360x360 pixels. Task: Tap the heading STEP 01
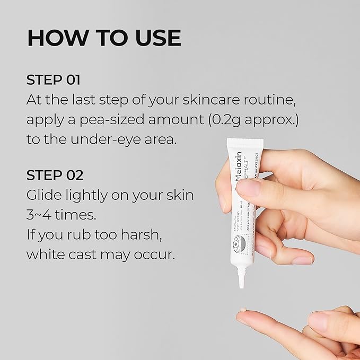tap(54, 80)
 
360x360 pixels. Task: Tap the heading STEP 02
tap(55, 175)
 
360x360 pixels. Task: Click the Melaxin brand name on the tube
tap(237, 165)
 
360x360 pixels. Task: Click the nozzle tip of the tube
tap(241, 284)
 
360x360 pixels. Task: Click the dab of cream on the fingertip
tap(243, 310)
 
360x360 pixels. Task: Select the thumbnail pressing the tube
tap(248, 188)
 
